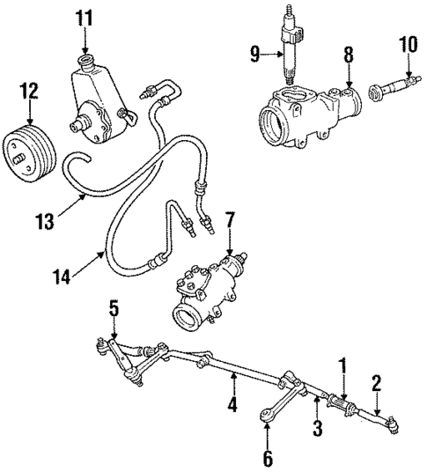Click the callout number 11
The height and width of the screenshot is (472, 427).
click(x=85, y=17)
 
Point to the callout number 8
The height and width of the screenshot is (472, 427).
click(x=348, y=55)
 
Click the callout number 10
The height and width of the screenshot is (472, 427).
click(x=407, y=44)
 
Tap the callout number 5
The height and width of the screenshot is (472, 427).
click(x=113, y=308)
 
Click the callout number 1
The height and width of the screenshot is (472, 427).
click(x=344, y=363)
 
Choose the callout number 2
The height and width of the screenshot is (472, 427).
click(x=376, y=381)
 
